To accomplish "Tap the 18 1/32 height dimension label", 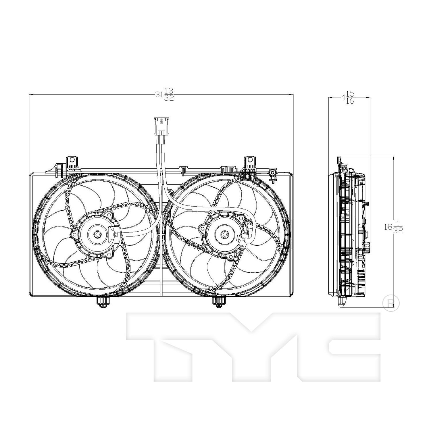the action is tap(393, 227).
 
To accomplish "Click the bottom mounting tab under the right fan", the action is tap(220, 302).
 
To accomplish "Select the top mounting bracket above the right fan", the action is tap(250, 163).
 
